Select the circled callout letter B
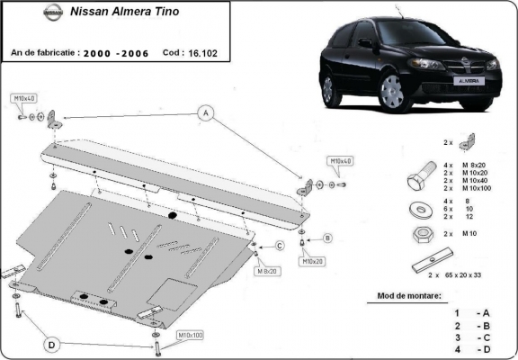point(327,238)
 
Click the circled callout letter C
point(279,246)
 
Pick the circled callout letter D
point(53,344)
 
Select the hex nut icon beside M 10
point(419,235)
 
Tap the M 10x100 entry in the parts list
point(477,188)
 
